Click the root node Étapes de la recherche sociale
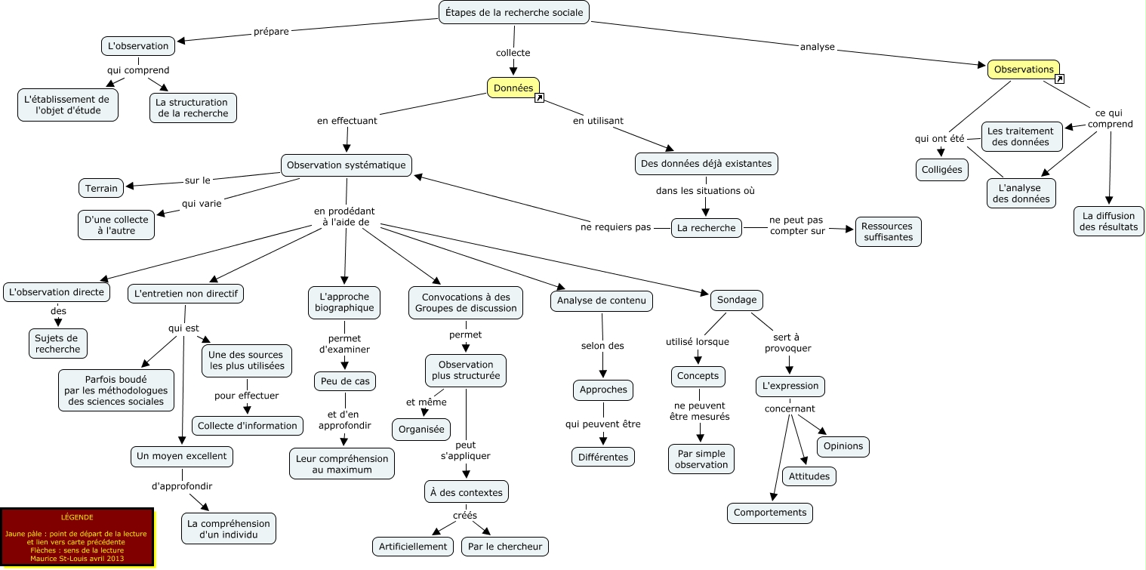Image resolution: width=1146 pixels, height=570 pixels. pyautogui.click(x=513, y=12)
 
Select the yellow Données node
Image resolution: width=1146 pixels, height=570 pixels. pyautogui.click(x=513, y=88)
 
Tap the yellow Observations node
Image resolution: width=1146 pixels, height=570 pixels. pyautogui.click(x=1023, y=69)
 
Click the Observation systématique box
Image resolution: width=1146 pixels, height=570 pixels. pyautogui.click(x=347, y=165)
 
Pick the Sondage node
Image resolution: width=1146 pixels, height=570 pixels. pyautogui.click(x=736, y=300)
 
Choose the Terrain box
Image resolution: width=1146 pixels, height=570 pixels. pyautogui.click(x=101, y=188)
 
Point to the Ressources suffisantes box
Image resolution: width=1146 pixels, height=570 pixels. pyautogui.click(x=888, y=232)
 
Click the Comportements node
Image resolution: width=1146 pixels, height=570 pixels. pyautogui.click(x=770, y=513)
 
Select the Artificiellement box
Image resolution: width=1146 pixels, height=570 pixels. pyautogui.click(x=413, y=547)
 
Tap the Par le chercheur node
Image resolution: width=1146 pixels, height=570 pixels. pyautogui.click(x=505, y=547)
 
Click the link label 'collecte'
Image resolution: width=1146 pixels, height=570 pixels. pyautogui.click(x=513, y=53)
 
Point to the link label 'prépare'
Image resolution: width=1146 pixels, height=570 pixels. pyautogui.click(x=271, y=32)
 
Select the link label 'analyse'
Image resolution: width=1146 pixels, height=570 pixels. pyautogui.click(x=817, y=47)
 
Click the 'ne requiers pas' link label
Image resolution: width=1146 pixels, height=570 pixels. pyautogui.click(x=615, y=226)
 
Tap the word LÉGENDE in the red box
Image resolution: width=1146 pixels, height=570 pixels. pyautogui.click(x=77, y=517)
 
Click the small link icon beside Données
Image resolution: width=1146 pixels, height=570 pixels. pyautogui.click(x=539, y=98)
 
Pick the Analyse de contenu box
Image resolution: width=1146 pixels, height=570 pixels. pyautogui.click(x=601, y=300)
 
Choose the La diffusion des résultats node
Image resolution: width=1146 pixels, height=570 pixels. pyautogui.click(x=1108, y=221)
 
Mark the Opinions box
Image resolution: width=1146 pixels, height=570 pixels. pyautogui.click(x=843, y=446)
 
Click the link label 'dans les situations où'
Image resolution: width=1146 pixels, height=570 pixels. pyautogui.click(x=705, y=191)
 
